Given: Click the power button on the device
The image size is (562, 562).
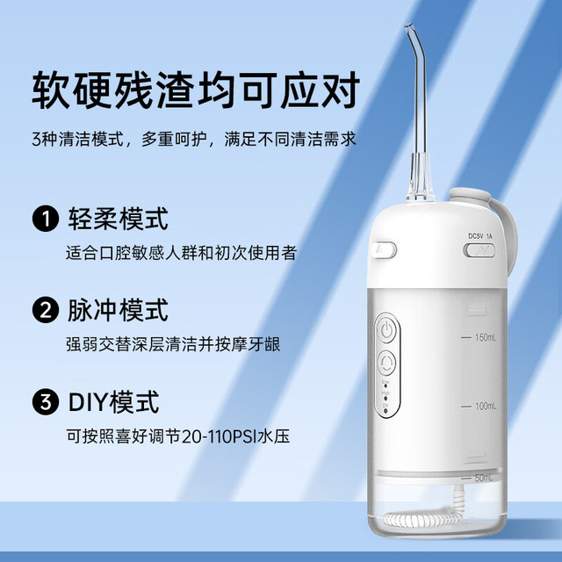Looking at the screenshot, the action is click(387, 330).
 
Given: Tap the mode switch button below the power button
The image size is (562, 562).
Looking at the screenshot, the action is click(387, 363).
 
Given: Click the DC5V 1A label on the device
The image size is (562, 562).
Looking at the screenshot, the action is click(480, 236).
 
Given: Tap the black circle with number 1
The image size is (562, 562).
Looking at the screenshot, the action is click(46, 219).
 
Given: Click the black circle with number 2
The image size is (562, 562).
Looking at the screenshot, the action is click(46, 310).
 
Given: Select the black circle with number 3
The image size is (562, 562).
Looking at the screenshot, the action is click(46, 402).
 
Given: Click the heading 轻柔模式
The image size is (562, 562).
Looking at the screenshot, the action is click(119, 219).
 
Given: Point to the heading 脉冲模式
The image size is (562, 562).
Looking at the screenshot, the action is click(119, 310).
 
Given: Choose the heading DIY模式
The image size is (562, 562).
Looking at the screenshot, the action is click(113, 402).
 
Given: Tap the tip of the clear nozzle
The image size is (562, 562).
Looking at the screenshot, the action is click(407, 26).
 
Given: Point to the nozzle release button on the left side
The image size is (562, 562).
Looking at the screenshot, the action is click(384, 249).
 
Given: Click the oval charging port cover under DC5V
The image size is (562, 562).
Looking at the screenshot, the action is click(479, 250).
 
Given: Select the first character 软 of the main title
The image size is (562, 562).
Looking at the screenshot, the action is click(51, 90).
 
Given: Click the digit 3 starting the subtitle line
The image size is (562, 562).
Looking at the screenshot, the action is click(37, 140).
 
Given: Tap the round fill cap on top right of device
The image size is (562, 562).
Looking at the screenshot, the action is click(471, 195).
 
